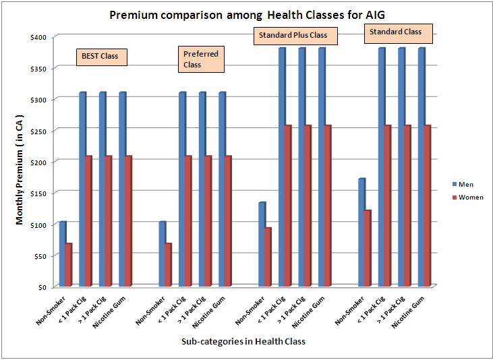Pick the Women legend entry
(470, 198)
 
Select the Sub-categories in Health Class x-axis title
(243, 342)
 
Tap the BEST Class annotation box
(100, 56)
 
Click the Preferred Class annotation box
(201, 59)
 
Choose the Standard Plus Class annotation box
(291, 34)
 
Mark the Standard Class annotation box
(395, 32)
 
